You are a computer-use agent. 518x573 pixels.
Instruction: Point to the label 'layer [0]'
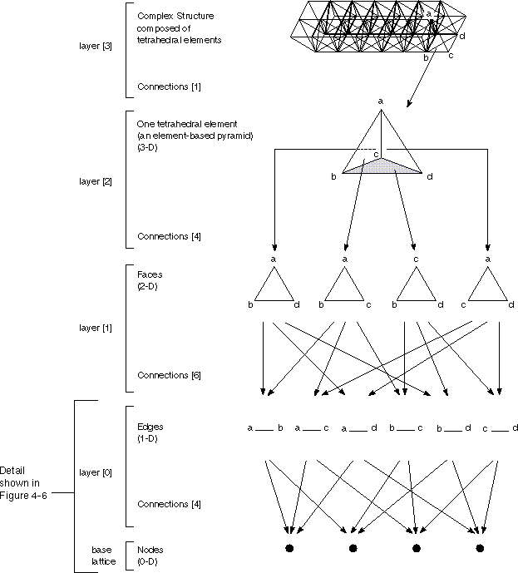point(91,472)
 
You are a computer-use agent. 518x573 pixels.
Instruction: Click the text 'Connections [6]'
point(169,375)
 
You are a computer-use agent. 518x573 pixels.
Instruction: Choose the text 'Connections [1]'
point(169,86)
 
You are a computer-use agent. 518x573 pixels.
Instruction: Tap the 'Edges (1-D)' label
point(150,432)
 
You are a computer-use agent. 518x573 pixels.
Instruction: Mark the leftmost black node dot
point(289,548)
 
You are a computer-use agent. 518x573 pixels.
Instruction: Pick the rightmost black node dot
point(479,548)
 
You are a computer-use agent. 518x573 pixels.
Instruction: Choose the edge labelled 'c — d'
point(501,429)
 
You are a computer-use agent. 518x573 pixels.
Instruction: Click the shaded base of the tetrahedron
point(380,167)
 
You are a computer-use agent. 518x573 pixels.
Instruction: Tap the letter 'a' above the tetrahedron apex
point(381,101)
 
